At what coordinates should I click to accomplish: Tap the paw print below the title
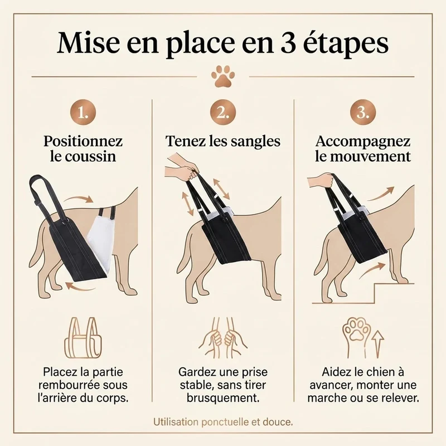pos(223,76)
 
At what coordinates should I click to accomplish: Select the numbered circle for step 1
pos(83,113)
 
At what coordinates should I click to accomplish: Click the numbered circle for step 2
pos(223,113)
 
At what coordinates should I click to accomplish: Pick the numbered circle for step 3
pos(363,113)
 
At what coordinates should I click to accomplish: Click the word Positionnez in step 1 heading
pos(83,142)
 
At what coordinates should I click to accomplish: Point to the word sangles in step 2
pos(255,142)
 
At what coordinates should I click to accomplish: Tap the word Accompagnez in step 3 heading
pos(363,142)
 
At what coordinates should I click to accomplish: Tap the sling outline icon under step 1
pos(83,338)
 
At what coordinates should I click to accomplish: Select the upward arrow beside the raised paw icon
pos(377,344)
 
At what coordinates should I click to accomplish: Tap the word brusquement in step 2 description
pos(223,398)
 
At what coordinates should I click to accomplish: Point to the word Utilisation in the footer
pos(176,422)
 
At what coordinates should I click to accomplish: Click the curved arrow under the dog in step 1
pos(80,287)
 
